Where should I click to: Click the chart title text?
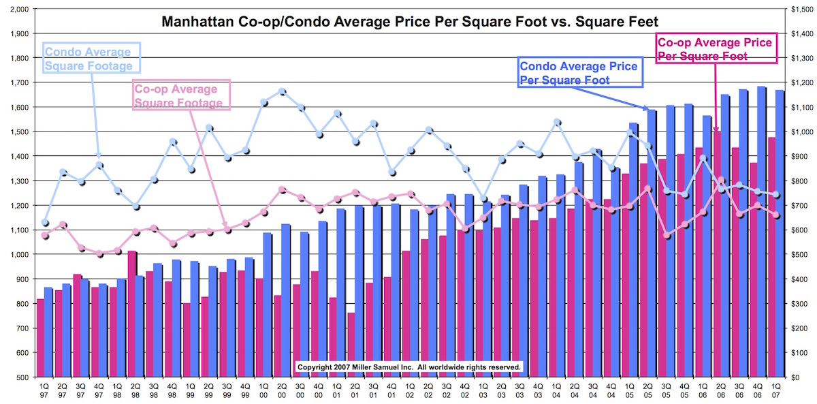coord(410,22)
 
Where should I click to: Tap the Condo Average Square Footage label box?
coord(92,58)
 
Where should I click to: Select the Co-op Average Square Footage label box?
coord(180,96)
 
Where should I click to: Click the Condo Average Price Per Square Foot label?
coord(579,73)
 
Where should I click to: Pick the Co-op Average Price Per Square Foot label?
coord(714,49)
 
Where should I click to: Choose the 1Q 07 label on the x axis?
coord(775,390)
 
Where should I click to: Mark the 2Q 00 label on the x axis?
coord(283,390)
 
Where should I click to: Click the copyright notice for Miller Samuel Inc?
coord(410,367)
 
